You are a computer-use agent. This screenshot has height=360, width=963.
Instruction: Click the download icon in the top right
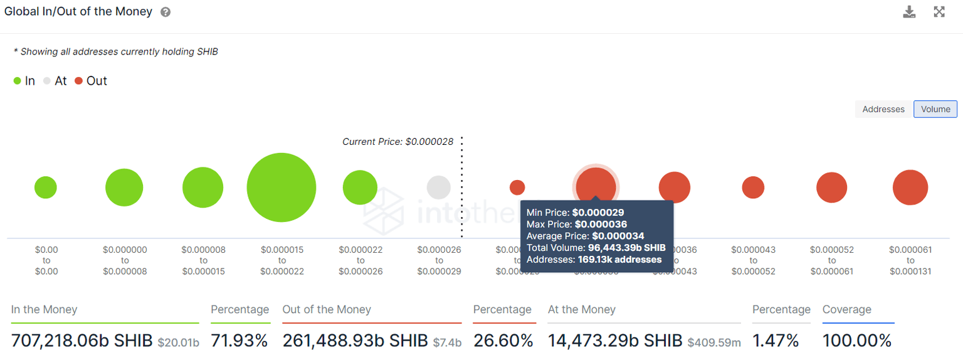(909, 11)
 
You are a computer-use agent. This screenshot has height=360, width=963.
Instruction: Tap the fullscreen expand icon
(939, 11)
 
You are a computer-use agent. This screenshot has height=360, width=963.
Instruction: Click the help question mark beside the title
(166, 12)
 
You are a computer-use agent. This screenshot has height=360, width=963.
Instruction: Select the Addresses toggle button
(883, 109)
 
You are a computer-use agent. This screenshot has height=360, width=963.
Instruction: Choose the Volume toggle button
(935, 109)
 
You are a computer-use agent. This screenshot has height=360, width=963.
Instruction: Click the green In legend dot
(18, 81)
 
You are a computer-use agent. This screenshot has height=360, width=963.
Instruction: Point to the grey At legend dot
(47, 81)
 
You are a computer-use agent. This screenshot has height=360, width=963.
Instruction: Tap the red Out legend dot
(78, 81)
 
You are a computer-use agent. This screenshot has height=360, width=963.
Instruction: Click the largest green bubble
(282, 188)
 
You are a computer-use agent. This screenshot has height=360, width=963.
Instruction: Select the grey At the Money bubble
(439, 188)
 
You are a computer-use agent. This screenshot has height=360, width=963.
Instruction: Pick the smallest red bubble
(517, 188)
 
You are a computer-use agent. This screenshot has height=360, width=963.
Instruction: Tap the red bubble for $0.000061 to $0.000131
(910, 188)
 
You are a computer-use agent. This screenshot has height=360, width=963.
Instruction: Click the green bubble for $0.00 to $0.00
(46, 188)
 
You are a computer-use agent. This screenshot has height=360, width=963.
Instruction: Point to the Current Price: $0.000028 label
(397, 142)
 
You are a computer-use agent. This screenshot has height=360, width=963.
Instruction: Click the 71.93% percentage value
(239, 341)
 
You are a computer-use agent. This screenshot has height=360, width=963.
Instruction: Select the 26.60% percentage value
(503, 341)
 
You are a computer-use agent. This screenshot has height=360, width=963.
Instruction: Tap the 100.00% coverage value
(856, 341)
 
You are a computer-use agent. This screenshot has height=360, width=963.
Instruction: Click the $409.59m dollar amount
(714, 342)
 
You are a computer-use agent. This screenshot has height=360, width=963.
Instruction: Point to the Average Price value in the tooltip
(618, 236)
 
